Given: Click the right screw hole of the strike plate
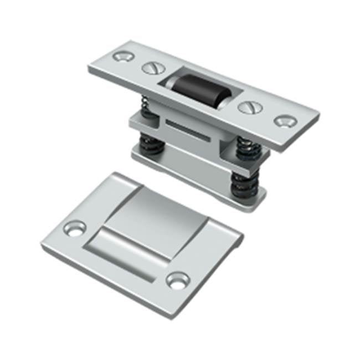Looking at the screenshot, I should (178, 280).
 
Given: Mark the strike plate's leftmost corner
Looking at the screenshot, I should (42, 242).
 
